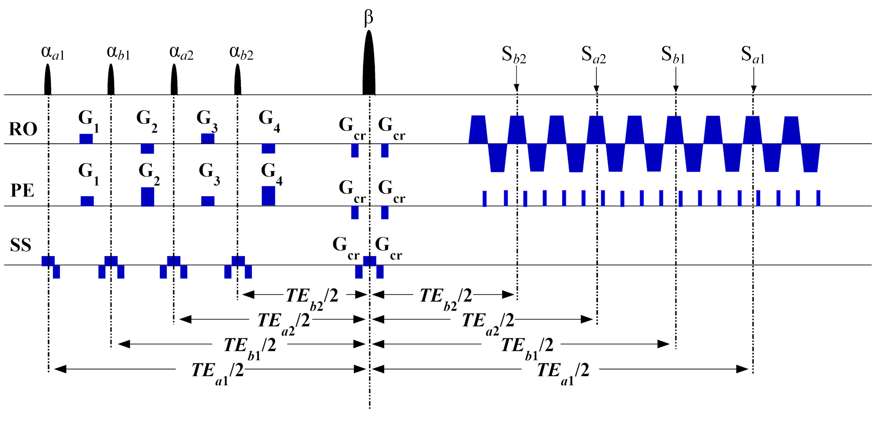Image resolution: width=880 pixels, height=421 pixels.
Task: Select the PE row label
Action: click(23, 191)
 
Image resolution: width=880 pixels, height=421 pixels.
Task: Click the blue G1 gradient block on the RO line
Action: click(86, 139)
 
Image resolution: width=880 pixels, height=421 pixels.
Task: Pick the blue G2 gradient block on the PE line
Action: click(148, 197)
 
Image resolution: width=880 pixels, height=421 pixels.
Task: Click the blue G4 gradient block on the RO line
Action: click(269, 148)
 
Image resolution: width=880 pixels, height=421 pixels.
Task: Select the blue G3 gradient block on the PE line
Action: click(208, 201)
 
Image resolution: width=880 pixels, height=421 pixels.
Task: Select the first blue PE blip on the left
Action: click(484, 199)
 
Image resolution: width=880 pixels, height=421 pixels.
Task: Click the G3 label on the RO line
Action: click(207, 120)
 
